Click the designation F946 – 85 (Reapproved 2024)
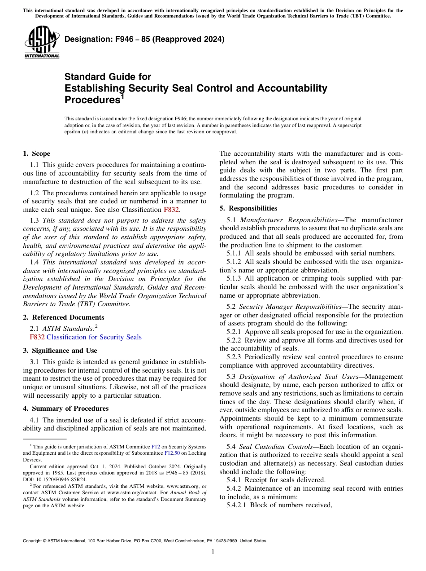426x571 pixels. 144,40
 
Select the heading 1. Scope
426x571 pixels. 36,154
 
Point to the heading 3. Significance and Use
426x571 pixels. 60,350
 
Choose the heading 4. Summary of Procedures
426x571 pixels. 65,408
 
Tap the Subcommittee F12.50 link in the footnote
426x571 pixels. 172,453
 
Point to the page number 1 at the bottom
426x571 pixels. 213,552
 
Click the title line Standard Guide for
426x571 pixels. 108,77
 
